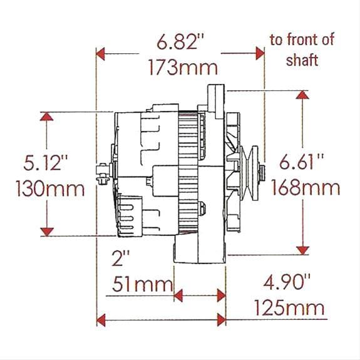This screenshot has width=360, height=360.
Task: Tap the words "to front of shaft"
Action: pos(302,50)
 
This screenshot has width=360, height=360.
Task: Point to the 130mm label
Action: pos(43,188)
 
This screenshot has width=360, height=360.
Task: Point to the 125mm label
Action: pos(289,307)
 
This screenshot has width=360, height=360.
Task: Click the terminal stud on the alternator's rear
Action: pos(101,170)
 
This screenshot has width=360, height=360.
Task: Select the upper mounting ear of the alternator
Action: pos(214,94)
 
